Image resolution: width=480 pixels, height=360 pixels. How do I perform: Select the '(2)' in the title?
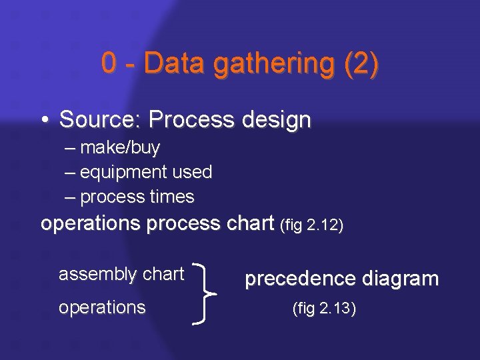[361, 64]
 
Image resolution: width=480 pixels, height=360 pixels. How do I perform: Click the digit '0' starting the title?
[109, 64]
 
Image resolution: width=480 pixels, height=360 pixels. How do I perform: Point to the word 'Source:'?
[101, 120]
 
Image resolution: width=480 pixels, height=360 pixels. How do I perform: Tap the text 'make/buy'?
[120, 147]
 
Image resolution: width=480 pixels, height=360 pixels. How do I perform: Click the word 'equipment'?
[123, 173]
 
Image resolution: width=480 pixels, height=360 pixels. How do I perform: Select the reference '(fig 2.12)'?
[313, 225]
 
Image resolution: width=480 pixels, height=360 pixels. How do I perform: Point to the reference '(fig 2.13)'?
[324, 309]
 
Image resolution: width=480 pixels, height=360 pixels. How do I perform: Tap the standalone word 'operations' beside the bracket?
[102, 307]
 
